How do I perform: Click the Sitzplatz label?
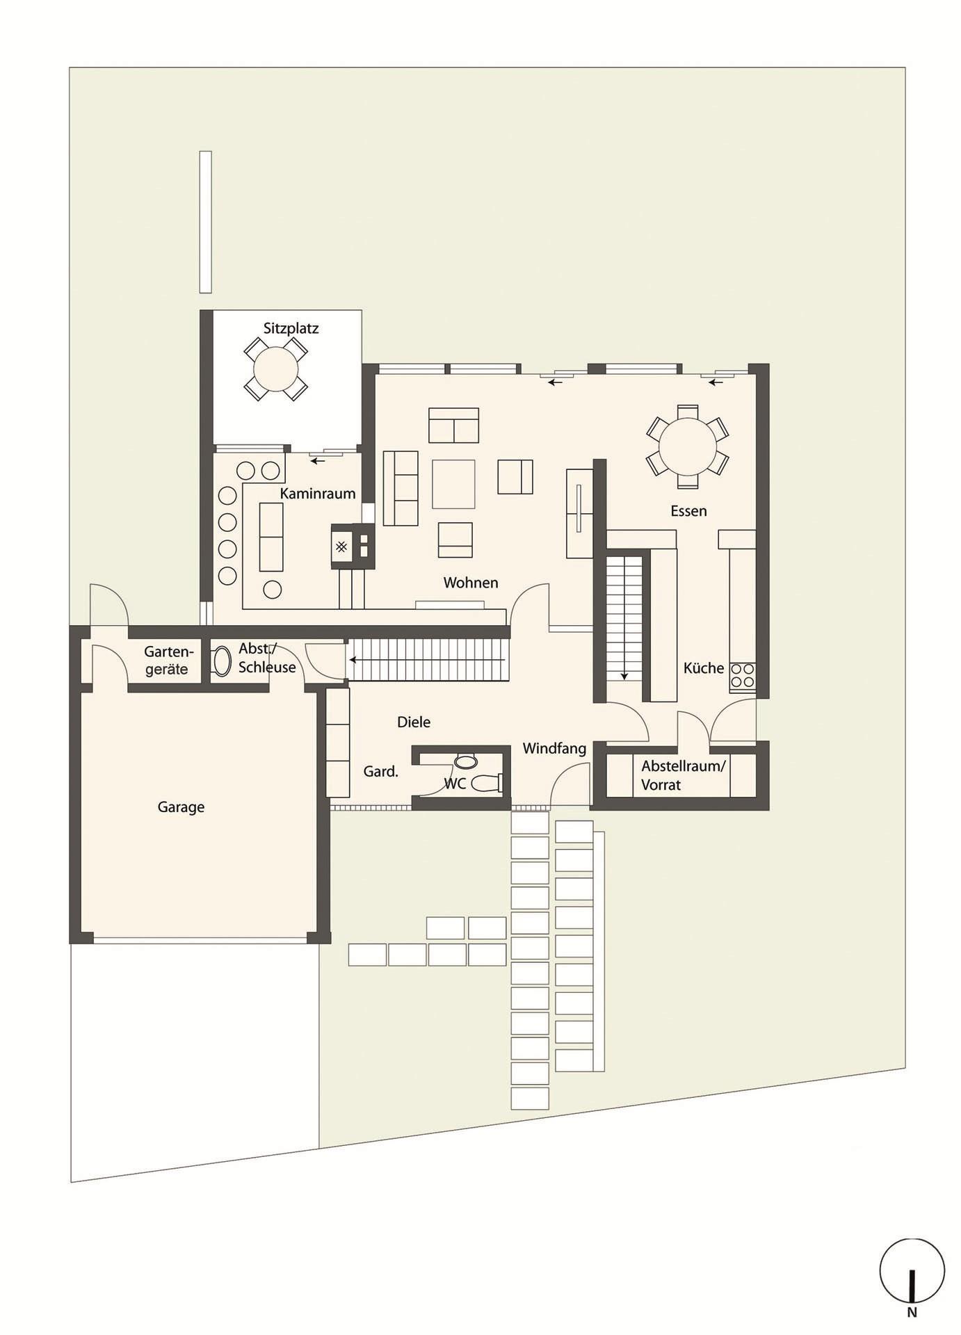pos(291,328)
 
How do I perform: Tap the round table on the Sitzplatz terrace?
pos(276,369)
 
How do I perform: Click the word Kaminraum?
pos(318,494)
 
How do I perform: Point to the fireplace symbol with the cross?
pos(341,547)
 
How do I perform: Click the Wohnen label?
pos(471,583)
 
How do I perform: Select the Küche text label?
pos(704,668)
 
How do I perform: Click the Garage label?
pos(181,807)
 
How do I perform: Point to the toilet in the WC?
pos(487,783)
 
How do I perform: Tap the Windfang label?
pos(554,749)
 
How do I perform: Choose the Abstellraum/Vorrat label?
pos(683,775)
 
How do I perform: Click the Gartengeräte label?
pos(168,661)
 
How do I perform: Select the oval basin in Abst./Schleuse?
pos(222,662)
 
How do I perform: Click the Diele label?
pos(414,722)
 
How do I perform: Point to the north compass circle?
pos(912,1270)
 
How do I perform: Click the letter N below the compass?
pos(912,1313)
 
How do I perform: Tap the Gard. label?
pos(381,771)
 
